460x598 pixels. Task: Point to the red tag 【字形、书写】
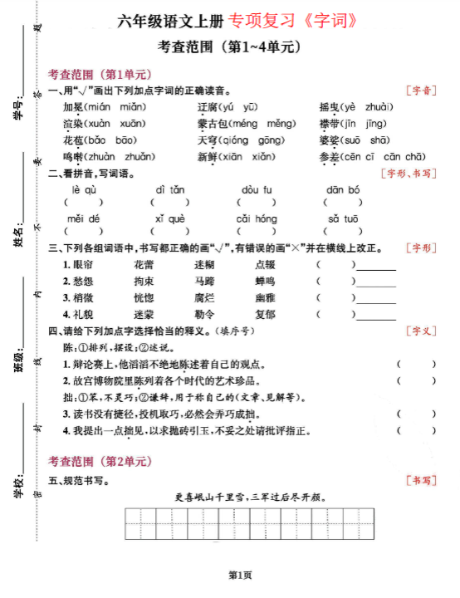click(x=408, y=174)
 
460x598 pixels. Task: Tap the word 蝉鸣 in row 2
click(x=265, y=281)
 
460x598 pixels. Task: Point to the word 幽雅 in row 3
click(x=265, y=297)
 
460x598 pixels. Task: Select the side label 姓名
click(x=18, y=237)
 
